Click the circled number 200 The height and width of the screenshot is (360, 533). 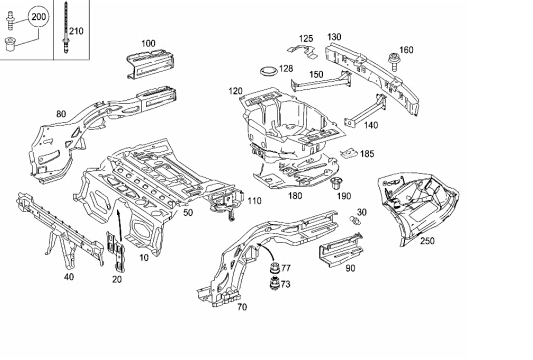pos(38,17)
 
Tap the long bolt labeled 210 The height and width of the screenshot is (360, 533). pos(65,27)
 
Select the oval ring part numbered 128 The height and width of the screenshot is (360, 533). pos(269,71)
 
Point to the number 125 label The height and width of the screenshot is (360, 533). pos(306,39)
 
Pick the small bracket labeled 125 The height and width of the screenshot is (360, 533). pos(302,51)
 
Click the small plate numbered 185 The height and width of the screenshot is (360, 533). pos(349,154)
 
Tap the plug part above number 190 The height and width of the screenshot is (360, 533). pos(336,184)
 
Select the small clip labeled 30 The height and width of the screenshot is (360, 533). pos(355,220)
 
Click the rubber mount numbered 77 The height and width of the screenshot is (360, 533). pos(275,268)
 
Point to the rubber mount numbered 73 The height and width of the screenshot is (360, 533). pos(275,284)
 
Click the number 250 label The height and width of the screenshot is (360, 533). pos(427,241)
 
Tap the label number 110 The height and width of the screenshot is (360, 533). pos(255,201)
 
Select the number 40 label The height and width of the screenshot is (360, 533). pos(69,277)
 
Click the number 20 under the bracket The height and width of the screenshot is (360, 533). pos(117,279)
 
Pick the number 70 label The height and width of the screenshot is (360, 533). pos(242,307)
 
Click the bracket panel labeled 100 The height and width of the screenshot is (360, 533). pos(151,64)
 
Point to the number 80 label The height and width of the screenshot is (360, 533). pos(61,114)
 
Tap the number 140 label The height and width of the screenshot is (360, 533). pos(371,125)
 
